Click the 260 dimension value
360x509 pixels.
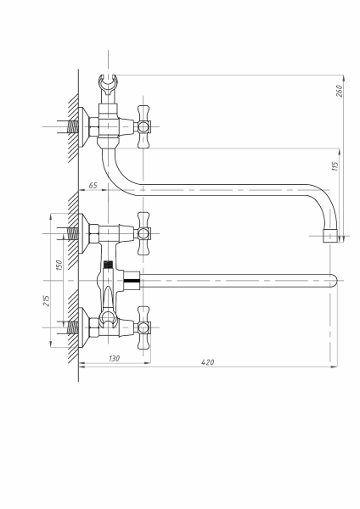(x=339, y=91)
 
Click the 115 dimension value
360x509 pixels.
(x=335, y=166)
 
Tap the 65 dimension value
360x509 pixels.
(x=93, y=186)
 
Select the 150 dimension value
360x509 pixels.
(x=59, y=265)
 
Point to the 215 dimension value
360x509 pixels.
(x=47, y=300)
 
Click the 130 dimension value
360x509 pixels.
(x=114, y=358)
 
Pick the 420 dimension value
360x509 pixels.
(x=208, y=362)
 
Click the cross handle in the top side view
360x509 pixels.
(x=143, y=126)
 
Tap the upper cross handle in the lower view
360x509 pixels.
(x=143, y=233)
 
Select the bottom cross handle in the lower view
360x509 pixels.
(x=143, y=327)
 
